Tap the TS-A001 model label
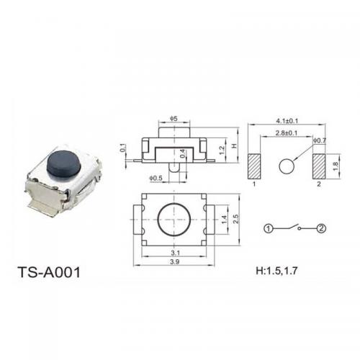49,272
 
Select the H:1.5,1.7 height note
276,271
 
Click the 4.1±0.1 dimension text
287,121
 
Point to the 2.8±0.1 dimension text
287,132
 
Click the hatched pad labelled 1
254,166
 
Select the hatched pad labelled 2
319,166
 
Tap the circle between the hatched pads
287,166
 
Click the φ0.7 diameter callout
320,140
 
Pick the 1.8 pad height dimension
336,166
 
